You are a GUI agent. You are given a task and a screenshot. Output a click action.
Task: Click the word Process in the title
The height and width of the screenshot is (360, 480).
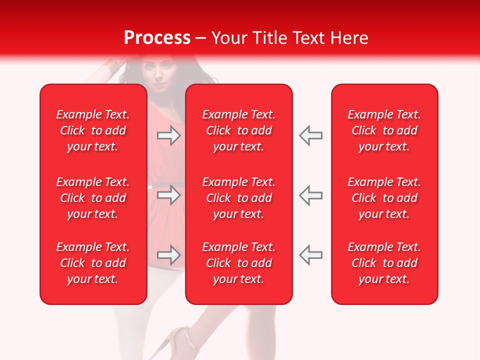(157, 38)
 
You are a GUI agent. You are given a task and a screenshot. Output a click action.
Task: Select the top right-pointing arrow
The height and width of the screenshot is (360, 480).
(169, 135)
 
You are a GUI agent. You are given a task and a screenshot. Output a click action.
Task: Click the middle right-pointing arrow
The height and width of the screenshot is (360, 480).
(169, 195)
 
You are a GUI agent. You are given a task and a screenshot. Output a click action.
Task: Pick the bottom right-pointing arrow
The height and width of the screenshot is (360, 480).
(169, 255)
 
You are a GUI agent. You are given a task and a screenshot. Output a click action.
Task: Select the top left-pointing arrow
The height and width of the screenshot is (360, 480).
(310, 135)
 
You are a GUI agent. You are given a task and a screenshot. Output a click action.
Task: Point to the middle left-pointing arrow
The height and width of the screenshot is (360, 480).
(310, 195)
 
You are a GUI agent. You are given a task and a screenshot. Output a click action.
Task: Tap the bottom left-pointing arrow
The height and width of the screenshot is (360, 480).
(310, 255)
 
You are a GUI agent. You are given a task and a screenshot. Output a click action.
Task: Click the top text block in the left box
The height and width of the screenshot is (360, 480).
(93, 130)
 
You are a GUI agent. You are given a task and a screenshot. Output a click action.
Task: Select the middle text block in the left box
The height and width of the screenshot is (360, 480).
(93, 198)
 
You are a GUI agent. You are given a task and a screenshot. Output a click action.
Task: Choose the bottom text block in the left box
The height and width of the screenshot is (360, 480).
(93, 263)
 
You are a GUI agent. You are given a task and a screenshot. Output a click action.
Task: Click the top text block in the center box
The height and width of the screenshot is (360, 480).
(238, 130)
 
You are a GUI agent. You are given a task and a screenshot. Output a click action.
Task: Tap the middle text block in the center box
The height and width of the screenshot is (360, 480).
(238, 198)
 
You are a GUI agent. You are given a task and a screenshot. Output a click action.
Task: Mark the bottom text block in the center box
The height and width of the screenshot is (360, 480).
(238, 263)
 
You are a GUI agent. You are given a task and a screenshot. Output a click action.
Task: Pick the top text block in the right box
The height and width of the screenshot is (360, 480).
(384, 130)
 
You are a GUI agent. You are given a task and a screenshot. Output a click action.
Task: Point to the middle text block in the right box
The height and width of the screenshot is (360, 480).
(384, 198)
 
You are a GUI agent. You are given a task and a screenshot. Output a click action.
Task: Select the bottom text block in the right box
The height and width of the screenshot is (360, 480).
(384, 263)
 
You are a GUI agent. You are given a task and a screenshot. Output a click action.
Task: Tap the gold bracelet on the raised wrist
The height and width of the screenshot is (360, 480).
(110, 65)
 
